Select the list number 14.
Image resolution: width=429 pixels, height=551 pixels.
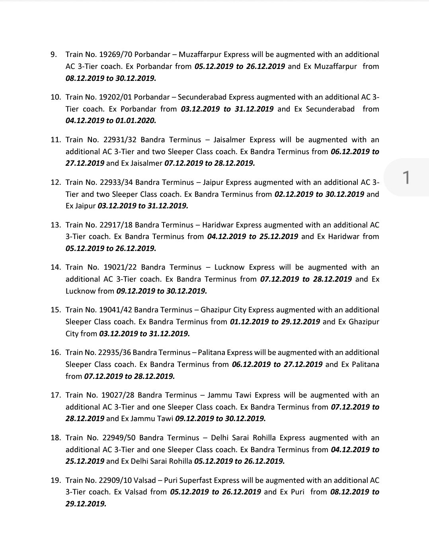[x=55, y=267]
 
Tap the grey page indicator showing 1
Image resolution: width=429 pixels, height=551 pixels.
[x=406, y=178]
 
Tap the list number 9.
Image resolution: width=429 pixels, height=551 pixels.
[x=54, y=55]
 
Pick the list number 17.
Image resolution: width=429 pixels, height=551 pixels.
[x=55, y=395]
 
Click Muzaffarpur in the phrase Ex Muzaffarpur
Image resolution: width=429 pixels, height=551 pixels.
[x=335, y=67]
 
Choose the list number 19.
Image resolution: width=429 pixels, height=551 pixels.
[x=55, y=480]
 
